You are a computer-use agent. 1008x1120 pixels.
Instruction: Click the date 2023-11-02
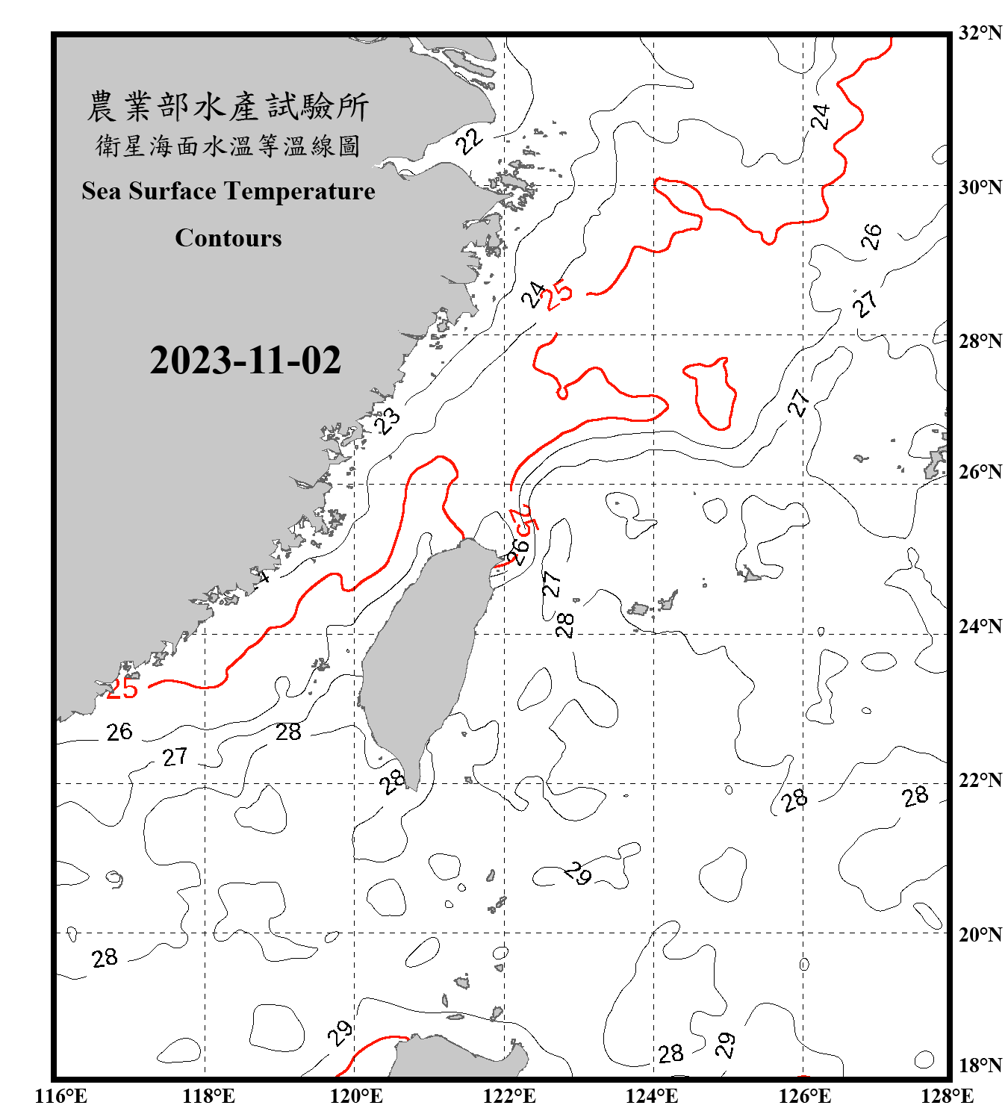(x=245, y=360)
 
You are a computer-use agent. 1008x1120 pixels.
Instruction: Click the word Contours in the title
(x=228, y=237)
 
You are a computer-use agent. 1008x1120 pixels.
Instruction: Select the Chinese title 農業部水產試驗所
(x=228, y=106)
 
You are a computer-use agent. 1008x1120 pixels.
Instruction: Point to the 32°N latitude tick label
(x=980, y=33)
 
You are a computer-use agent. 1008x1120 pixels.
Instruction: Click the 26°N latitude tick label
(x=980, y=472)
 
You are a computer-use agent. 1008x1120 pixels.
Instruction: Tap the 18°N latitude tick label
(x=980, y=1065)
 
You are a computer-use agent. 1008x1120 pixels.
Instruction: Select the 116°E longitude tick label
(x=61, y=1096)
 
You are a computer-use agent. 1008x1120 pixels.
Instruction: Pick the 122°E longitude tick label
(x=509, y=1096)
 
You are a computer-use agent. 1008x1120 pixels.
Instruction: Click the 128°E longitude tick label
(x=947, y=1096)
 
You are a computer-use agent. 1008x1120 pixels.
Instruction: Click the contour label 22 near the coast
(x=470, y=140)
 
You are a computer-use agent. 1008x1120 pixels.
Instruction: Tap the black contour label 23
(x=388, y=421)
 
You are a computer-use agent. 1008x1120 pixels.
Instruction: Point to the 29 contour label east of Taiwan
(x=578, y=872)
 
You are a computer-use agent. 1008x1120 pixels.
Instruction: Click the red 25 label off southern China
(x=122, y=688)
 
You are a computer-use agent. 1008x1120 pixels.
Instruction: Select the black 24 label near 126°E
(x=821, y=116)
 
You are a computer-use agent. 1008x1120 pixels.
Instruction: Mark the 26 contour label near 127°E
(x=871, y=237)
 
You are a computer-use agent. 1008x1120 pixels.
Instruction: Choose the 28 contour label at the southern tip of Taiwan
(x=391, y=782)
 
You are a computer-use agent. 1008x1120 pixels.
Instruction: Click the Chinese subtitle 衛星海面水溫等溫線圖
(x=228, y=146)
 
